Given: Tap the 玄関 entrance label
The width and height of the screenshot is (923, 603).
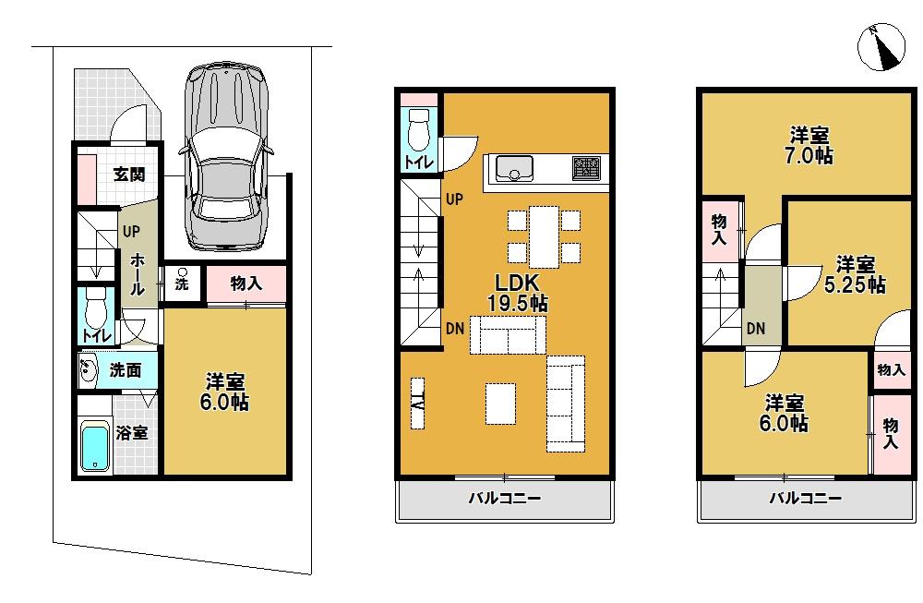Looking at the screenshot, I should (x=130, y=173).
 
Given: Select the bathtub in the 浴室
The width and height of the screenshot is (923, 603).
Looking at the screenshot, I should (x=94, y=447).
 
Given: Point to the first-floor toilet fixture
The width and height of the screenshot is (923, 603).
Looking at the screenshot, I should (x=94, y=306).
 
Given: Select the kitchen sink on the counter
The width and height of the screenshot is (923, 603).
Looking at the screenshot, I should (x=513, y=168).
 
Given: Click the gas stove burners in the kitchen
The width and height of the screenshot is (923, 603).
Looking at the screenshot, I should (x=585, y=167).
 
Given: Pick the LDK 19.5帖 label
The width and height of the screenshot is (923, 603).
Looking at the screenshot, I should (x=517, y=292).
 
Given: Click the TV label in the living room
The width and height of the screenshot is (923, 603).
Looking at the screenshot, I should (x=417, y=404).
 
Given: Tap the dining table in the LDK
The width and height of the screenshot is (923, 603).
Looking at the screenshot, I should (x=544, y=235).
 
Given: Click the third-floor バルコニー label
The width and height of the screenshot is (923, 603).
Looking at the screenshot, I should (x=806, y=500).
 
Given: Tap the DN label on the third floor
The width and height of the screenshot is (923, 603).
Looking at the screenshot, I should (x=755, y=328).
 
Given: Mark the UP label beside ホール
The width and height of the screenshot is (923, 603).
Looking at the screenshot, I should (x=130, y=232).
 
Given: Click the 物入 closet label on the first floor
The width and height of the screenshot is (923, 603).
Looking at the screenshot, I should (x=246, y=283).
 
